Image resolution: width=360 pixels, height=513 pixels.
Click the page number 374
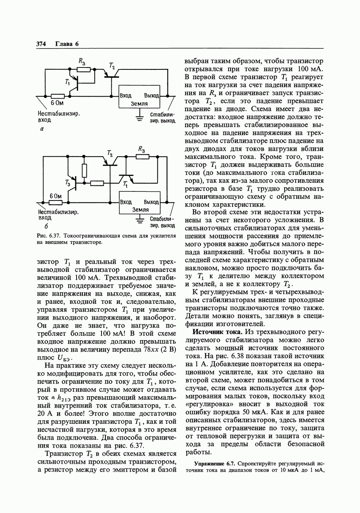[x=41, y=43]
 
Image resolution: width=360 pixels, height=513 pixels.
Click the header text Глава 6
[x=67, y=43]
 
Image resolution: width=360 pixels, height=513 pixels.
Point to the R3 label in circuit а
[x=82, y=61]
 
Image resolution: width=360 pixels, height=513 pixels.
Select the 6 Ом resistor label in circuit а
[x=57, y=103]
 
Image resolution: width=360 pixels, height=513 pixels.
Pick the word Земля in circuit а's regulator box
[x=139, y=103]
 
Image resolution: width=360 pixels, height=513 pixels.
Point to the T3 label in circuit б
[x=68, y=183]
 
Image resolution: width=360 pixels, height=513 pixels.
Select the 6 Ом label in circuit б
[x=56, y=196]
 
